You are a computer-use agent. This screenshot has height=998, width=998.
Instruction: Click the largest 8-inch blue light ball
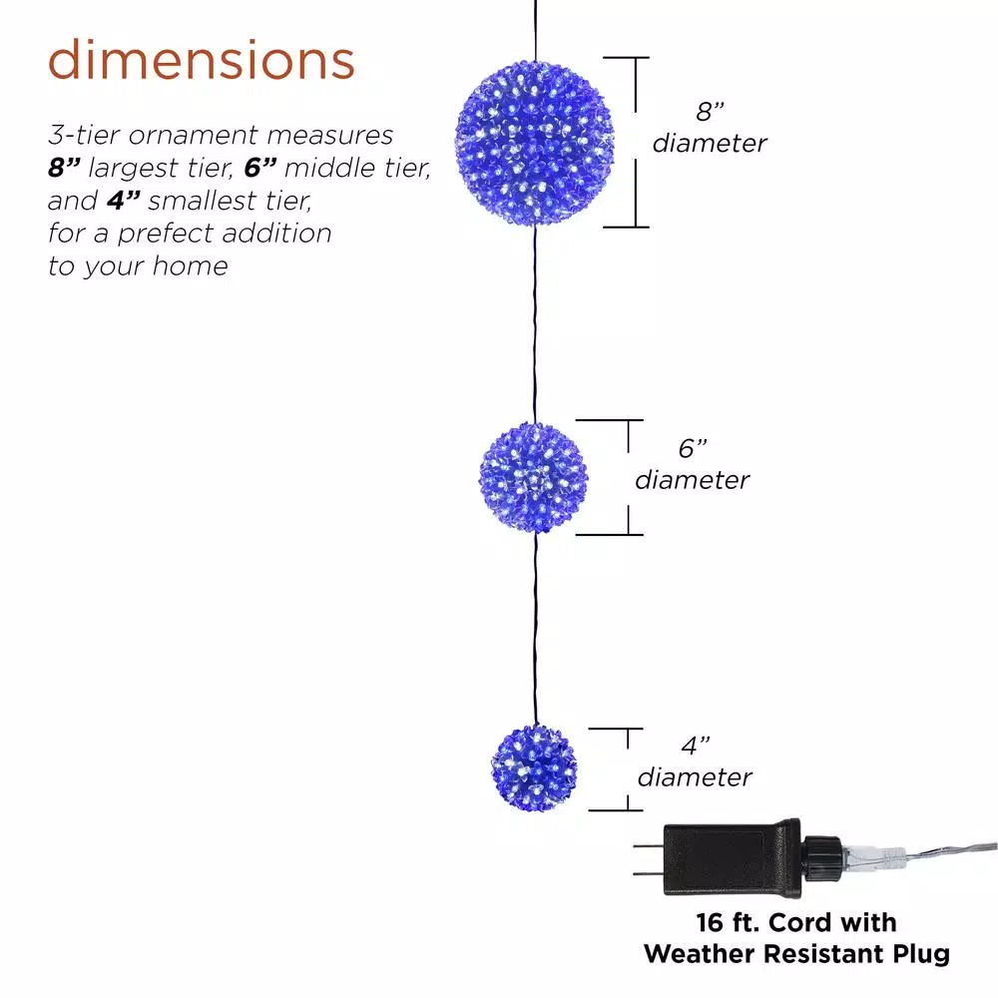tap(535, 142)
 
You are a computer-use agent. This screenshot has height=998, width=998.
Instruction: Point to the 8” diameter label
tap(710, 127)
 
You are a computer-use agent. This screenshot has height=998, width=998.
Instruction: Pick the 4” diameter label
tap(695, 760)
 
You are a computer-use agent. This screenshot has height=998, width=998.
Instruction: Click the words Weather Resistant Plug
tap(796, 954)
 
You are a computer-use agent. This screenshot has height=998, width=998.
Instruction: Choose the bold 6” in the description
tap(262, 168)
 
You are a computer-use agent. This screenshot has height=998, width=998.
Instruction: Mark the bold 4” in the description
tap(124, 201)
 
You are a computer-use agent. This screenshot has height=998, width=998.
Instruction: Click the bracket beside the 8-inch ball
tap(634, 142)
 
